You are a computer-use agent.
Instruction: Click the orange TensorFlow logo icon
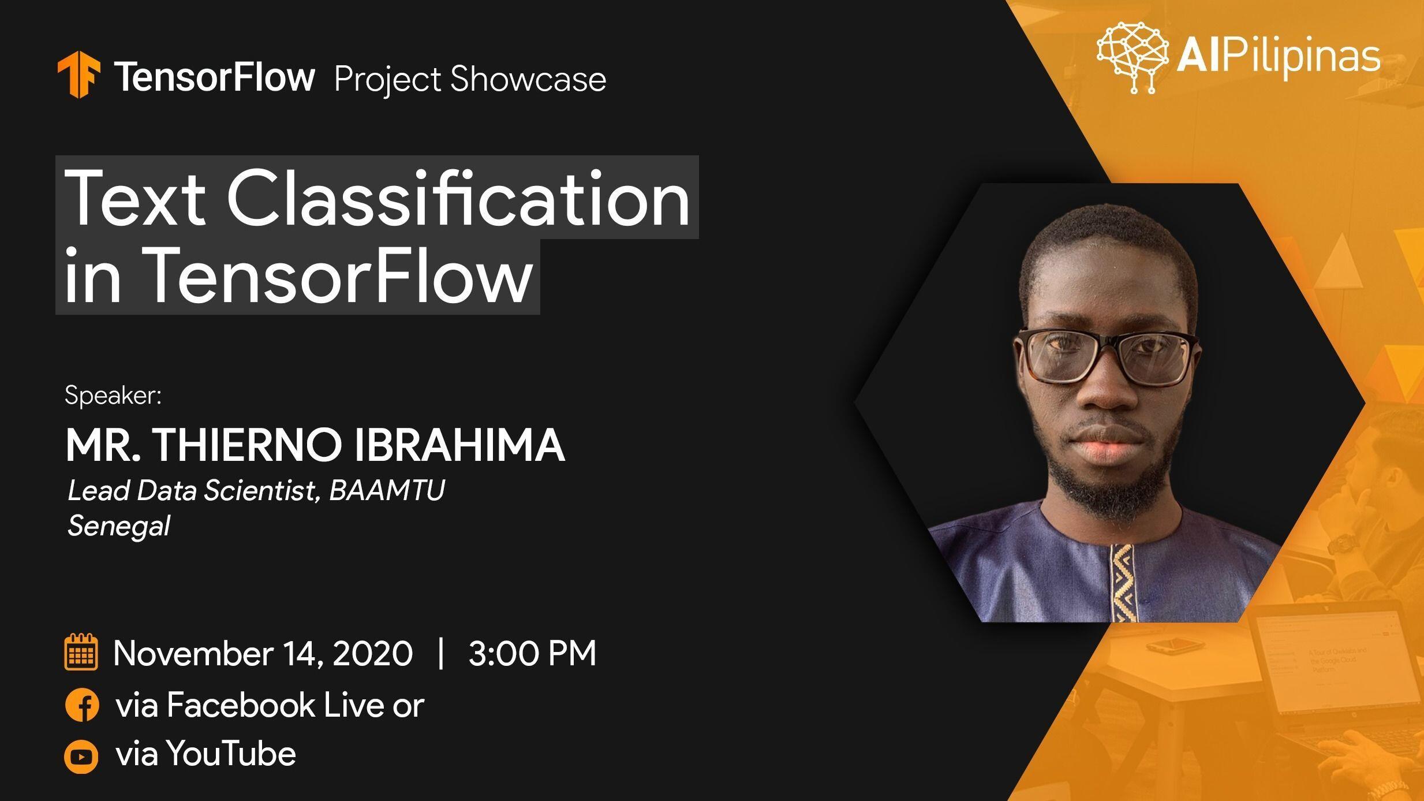pyautogui.click(x=79, y=74)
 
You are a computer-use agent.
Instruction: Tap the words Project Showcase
pyautogui.click(x=470, y=79)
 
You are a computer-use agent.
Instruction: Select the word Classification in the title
pyautogui.click(x=459, y=198)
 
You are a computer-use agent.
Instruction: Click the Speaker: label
pyautogui.click(x=113, y=396)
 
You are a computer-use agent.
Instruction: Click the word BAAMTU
pyautogui.click(x=387, y=490)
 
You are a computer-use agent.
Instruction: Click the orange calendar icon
pyautogui.click(x=81, y=652)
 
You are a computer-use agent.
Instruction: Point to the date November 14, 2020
pyautogui.click(x=263, y=654)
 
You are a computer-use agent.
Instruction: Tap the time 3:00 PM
pyautogui.click(x=532, y=654)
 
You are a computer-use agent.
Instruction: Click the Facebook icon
pyautogui.click(x=82, y=705)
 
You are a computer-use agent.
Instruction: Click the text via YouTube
pyautogui.click(x=206, y=754)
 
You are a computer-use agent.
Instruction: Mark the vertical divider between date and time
pyautogui.click(x=442, y=653)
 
